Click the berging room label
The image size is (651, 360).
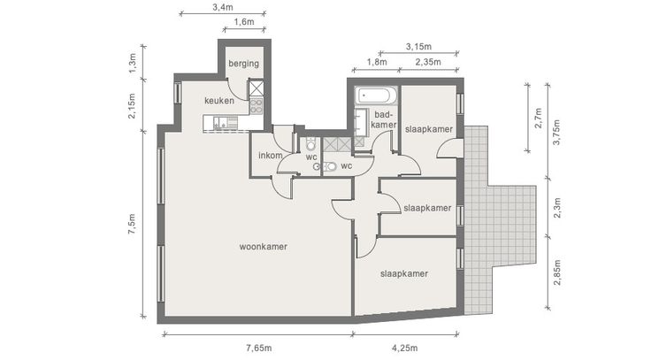[244, 64]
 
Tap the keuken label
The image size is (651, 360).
[219, 101]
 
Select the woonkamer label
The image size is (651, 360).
[264, 247]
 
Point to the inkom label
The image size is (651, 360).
[271, 156]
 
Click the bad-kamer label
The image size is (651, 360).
[384, 119]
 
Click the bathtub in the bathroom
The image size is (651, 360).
[376, 96]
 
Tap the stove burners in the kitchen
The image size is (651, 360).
[257, 106]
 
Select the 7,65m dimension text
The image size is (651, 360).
[258, 348]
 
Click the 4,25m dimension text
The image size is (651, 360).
[405, 348]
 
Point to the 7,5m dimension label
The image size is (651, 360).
[132, 224]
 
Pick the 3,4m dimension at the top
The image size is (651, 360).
[223, 7]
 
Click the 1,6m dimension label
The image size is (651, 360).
[244, 22]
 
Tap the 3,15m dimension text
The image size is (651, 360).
[418, 47]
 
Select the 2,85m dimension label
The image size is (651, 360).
[557, 272]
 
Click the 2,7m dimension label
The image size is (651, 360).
[538, 119]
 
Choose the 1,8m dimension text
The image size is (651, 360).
[377, 62]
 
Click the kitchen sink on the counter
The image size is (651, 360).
[220, 122]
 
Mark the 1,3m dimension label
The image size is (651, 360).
[132, 62]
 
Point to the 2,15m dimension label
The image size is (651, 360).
[132, 106]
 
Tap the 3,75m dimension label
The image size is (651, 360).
[557, 132]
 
